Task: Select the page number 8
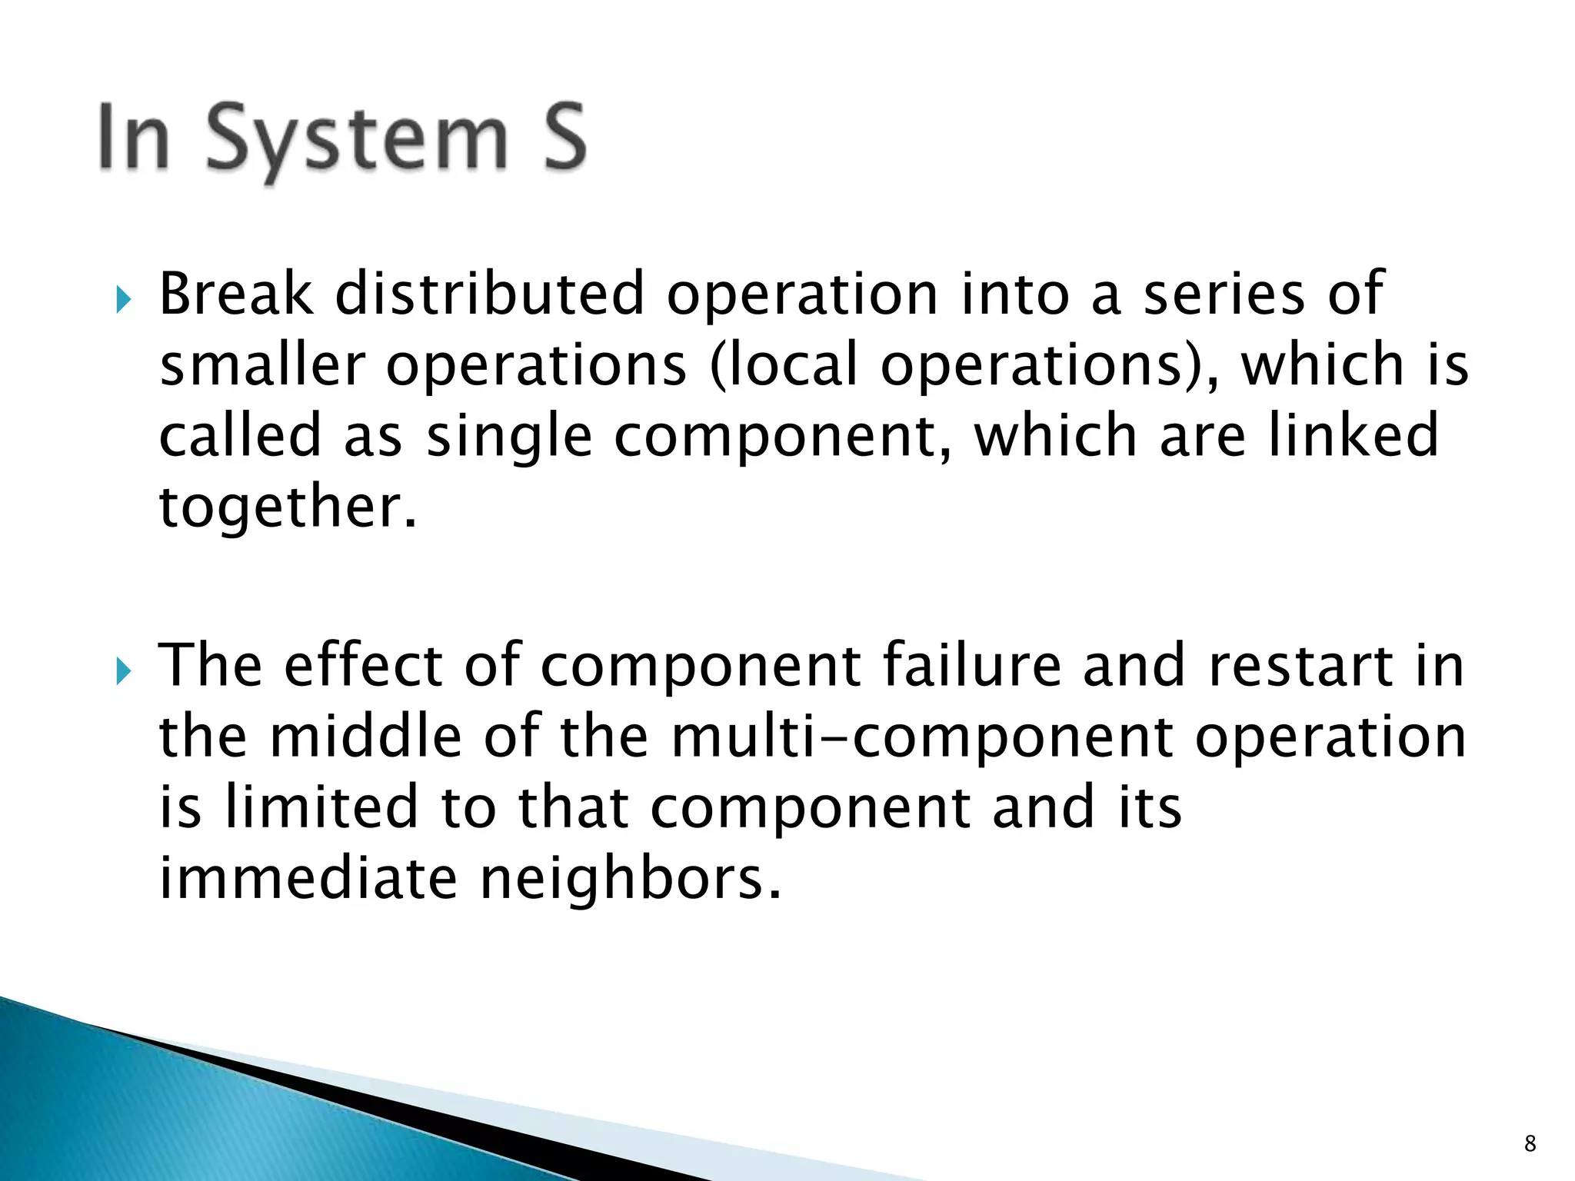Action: [x=1530, y=1143]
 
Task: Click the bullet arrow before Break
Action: [x=123, y=299]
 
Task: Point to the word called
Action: [x=239, y=435]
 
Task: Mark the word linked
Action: [x=1353, y=435]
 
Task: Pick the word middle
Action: [x=366, y=737]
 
